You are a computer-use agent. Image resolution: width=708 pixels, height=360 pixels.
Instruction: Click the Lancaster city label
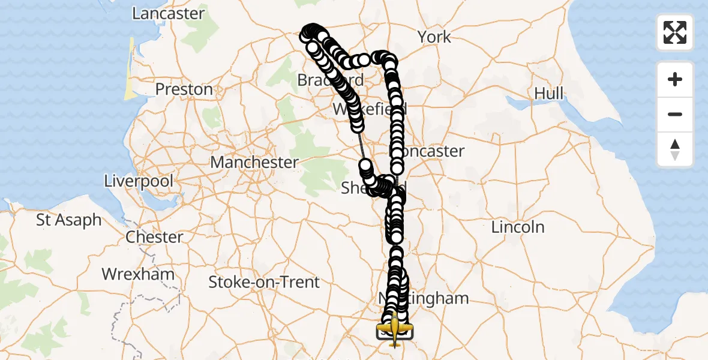click(x=168, y=14)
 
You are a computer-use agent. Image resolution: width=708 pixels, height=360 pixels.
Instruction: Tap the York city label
click(x=434, y=37)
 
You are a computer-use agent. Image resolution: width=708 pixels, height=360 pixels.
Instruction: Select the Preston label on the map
click(x=184, y=89)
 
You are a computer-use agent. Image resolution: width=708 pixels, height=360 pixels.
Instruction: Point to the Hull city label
click(x=550, y=94)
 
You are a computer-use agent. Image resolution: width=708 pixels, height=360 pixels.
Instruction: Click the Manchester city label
click(x=254, y=163)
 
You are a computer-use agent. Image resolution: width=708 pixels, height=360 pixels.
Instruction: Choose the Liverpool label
click(x=139, y=181)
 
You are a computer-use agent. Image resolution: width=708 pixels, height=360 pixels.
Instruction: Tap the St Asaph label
click(x=69, y=220)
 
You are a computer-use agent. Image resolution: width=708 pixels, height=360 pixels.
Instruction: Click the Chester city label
click(x=154, y=237)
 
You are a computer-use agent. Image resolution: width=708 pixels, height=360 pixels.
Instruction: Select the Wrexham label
click(x=138, y=275)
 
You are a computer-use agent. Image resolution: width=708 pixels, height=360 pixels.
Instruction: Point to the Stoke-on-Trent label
click(x=264, y=282)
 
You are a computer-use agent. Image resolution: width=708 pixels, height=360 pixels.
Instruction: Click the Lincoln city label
click(x=518, y=227)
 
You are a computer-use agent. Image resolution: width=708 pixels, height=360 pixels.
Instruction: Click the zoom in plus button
click(x=675, y=79)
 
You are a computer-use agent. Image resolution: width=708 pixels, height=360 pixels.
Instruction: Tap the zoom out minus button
click(x=675, y=114)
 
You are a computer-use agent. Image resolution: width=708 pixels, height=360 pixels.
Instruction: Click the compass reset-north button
click(x=675, y=149)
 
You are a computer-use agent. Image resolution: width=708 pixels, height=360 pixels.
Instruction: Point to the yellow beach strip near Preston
click(x=130, y=69)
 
